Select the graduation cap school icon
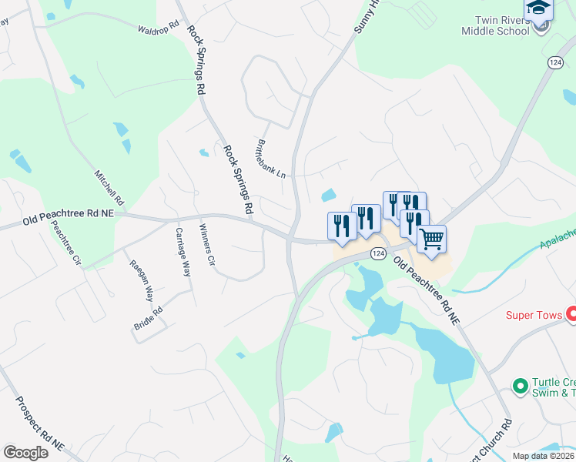[539, 8]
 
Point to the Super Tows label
[534, 314]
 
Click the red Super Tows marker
[571, 313]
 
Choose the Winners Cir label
[206, 244]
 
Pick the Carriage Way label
[183, 253]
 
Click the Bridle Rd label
[149, 320]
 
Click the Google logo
[25, 452]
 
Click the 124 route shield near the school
[555, 62]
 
